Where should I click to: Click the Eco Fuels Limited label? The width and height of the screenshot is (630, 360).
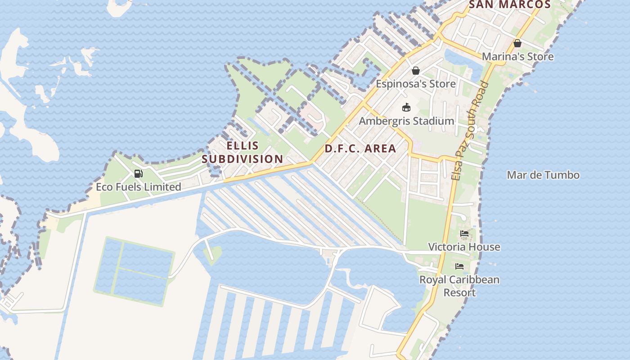pos(139,187)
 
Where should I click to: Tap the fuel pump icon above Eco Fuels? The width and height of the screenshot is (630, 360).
pos(139,174)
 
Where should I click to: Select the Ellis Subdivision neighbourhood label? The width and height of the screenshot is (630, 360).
pos(243,152)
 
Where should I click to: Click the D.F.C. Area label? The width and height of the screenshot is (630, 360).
pos(360,148)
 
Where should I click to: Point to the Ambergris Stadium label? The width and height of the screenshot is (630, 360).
pos(406,121)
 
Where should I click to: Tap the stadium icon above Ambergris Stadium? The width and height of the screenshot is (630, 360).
pos(406,107)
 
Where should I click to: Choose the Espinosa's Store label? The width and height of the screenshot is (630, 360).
pos(416,84)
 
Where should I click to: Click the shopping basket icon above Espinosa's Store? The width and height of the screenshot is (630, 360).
pos(416,71)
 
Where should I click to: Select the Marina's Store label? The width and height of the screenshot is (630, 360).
pos(517,57)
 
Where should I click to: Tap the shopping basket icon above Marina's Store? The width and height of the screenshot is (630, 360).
pos(517,43)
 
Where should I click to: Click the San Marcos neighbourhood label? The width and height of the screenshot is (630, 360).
pos(510,5)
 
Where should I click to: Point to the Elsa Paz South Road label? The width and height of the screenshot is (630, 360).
pos(470,130)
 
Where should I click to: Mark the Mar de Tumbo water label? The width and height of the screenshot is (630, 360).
pos(543,175)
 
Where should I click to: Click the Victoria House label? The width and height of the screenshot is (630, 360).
pos(464,247)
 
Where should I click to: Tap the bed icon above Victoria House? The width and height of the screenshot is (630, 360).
pos(465,234)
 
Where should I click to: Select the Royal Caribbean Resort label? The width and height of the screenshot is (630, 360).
pos(459,286)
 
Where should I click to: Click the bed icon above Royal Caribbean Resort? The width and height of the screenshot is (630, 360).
pos(459,266)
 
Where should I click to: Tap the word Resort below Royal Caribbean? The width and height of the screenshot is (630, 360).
pos(459,292)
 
